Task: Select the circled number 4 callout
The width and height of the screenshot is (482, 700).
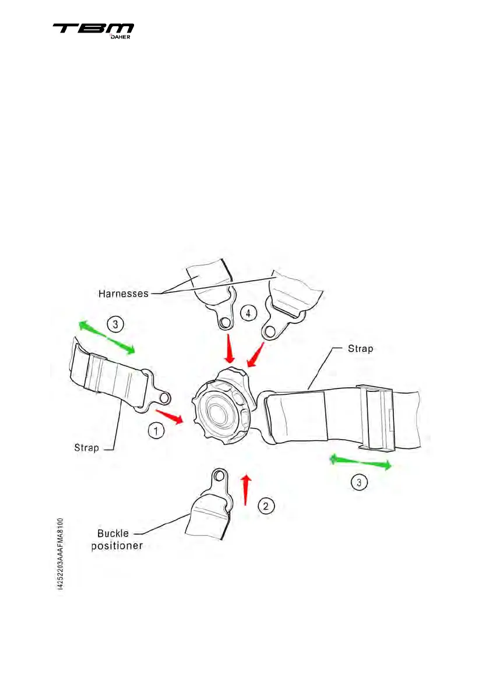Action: [248, 313]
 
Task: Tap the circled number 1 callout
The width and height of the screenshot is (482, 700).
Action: [154, 432]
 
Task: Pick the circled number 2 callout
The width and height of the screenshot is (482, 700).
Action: [266, 505]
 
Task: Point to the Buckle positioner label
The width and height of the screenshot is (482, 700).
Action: [120, 540]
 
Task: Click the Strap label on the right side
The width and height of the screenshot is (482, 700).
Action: [361, 349]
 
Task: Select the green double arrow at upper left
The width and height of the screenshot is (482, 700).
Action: [107, 337]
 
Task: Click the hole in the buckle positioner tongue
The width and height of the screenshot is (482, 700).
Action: [219, 476]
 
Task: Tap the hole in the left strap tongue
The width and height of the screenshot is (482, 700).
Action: [164, 398]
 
